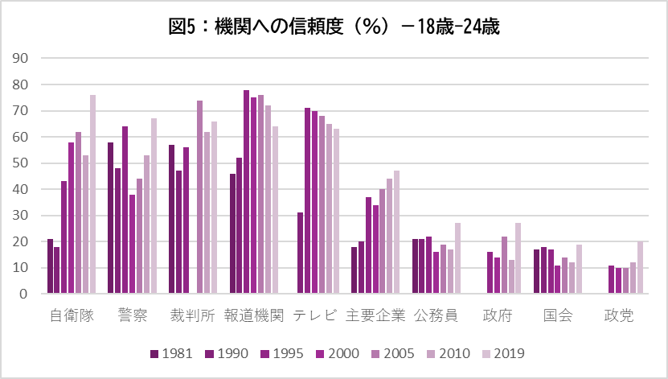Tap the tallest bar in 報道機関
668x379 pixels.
247,192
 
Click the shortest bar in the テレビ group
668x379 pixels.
301,253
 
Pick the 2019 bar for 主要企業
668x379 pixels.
396,233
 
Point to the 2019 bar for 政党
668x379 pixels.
640,268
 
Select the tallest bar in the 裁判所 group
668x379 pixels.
199,197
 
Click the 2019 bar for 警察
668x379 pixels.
154,206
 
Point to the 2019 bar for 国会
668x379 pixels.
579,270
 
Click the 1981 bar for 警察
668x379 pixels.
111,218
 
